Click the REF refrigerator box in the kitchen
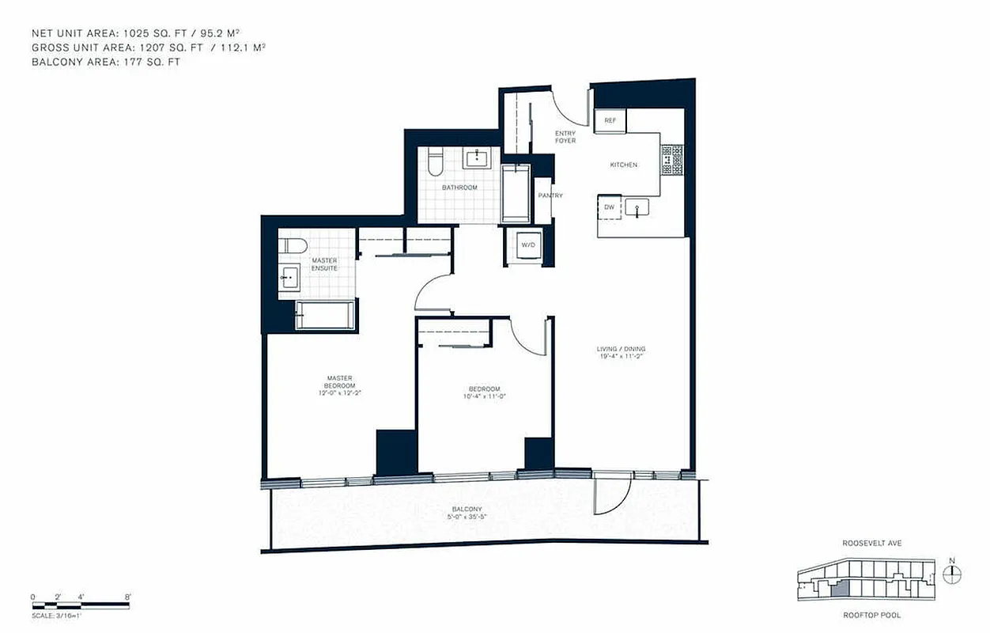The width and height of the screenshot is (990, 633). pyautogui.click(x=610, y=121)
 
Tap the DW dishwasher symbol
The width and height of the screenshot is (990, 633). pyautogui.click(x=609, y=207)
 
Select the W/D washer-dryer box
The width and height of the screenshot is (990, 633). pyautogui.click(x=527, y=245)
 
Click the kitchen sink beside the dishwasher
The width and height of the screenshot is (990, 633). pyautogui.click(x=636, y=207)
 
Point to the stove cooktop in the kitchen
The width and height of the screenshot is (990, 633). pyautogui.click(x=672, y=160)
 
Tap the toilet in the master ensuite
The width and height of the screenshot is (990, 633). pyautogui.click(x=290, y=245)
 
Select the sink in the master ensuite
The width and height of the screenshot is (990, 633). pyautogui.click(x=289, y=277)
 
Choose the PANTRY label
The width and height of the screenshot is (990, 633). pyautogui.click(x=550, y=195)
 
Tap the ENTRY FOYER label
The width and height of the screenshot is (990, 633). pyautogui.click(x=565, y=137)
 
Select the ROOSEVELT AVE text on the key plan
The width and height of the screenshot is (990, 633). pyautogui.click(x=872, y=544)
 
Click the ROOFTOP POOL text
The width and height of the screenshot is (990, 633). pyautogui.click(x=872, y=615)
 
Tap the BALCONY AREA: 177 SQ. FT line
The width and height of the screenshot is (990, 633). pyautogui.click(x=105, y=62)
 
